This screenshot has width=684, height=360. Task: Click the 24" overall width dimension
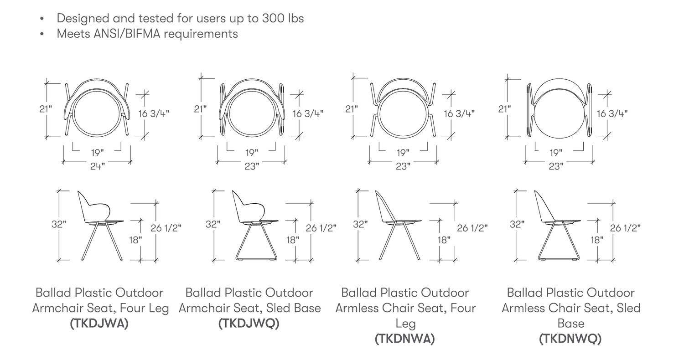(98, 166)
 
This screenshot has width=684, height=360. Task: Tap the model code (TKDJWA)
(99, 324)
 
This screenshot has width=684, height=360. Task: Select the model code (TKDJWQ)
(249, 324)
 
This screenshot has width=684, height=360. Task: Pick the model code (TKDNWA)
(405, 339)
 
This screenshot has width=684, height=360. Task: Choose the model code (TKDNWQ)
(570, 339)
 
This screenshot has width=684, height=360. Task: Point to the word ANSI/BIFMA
(127, 34)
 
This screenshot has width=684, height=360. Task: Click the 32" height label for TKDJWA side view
(59, 224)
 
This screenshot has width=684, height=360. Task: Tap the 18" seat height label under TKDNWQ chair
(596, 240)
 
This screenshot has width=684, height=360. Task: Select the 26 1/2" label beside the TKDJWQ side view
(321, 228)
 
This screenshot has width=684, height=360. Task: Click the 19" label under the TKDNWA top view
(403, 153)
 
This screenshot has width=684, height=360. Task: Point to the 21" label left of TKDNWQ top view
(504, 109)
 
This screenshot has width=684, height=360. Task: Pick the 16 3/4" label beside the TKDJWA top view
(154, 113)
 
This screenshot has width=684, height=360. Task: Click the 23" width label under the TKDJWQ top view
(252, 166)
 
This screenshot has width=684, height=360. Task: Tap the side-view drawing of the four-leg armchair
(101, 225)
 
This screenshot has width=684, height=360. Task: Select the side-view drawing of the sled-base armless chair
(557, 225)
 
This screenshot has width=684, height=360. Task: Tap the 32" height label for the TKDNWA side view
(360, 224)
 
